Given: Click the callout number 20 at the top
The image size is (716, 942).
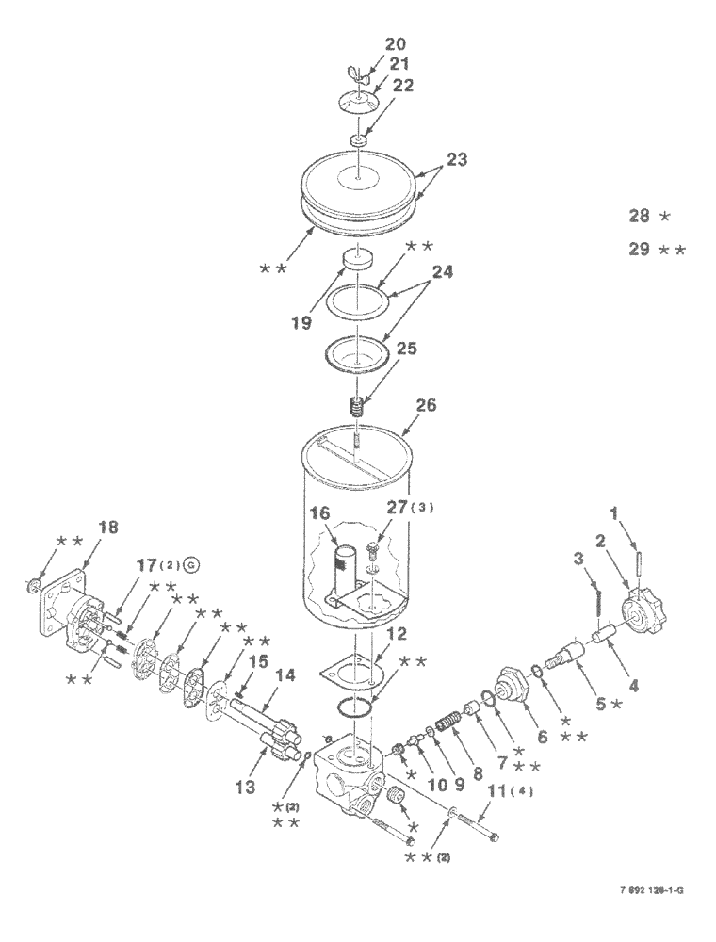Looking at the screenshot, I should (x=395, y=43).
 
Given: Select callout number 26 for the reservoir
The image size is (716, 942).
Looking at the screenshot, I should (x=427, y=406).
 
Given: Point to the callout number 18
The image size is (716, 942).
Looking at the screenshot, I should (x=108, y=528).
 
